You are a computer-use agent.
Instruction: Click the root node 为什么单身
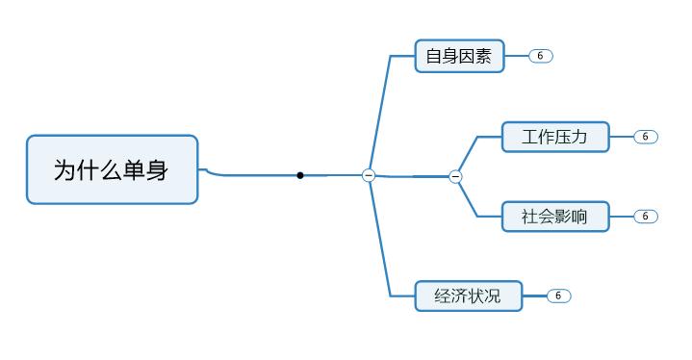point(112,169)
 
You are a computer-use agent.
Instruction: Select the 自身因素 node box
point(459,57)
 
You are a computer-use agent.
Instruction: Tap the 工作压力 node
point(555,137)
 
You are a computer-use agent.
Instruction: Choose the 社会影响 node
point(555,217)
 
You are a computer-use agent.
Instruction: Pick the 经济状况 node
point(468,296)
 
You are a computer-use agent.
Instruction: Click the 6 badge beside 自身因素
point(540,56)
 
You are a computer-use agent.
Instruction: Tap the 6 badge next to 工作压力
point(645,137)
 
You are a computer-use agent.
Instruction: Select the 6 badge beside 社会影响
point(645,217)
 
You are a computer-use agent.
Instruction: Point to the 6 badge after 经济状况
point(558,296)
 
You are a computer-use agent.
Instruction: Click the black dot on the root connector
point(300,175)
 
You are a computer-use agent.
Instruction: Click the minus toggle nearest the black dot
point(369,175)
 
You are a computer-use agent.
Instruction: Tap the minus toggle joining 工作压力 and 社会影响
point(455,176)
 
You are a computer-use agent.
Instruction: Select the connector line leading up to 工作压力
point(468,154)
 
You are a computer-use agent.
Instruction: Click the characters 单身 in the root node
point(144,170)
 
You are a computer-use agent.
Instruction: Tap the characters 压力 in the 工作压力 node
point(572,137)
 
